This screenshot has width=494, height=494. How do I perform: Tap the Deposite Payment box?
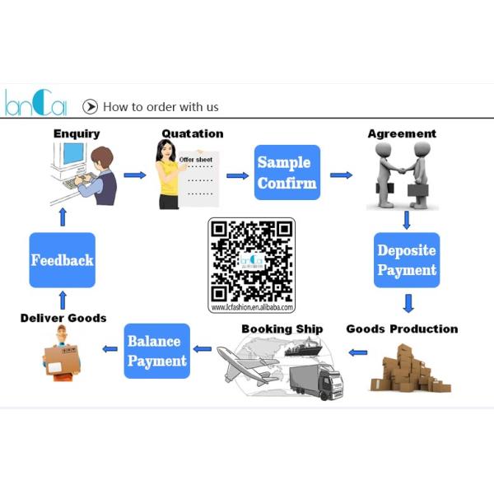pos(407,260)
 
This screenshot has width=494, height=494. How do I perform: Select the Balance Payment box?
pos(156,352)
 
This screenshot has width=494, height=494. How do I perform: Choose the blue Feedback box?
pos(62,260)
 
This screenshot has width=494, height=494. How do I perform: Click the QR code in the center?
pos(251,260)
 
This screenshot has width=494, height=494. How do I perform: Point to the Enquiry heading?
pos(77,133)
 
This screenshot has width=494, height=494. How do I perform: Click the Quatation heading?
pos(192,133)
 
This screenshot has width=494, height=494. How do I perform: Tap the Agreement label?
pos(402,133)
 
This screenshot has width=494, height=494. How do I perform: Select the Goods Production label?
pos(402,329)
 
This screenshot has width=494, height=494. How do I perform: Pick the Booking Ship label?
pos(282,329)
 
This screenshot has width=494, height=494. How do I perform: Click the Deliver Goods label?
pos(63,318)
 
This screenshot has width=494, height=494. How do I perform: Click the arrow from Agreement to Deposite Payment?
pos(407,220)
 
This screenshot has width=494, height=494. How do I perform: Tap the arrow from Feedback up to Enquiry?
pos(63,217)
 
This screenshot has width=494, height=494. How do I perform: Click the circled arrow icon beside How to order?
pos(90,106)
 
